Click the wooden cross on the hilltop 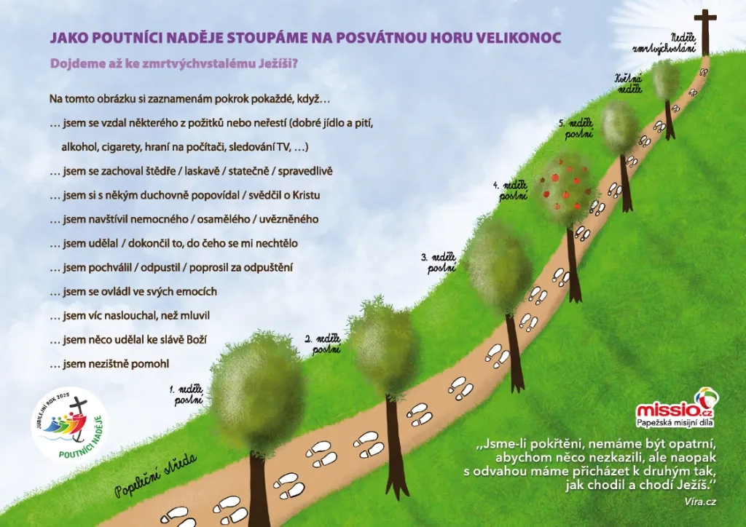(705, 31)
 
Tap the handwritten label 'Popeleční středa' (156, 475)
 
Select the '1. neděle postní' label (187, 395)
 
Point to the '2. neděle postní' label (323, 344)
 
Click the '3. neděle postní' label (439, 263)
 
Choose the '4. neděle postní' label (511, 190)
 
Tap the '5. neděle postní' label (577, 128)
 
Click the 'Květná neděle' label (629, 84)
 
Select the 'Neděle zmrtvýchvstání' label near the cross (664, 43)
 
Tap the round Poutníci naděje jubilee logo (69, 425)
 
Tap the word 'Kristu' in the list (306, 195)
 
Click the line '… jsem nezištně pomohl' (109, 364)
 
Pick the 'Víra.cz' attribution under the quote (700, 502)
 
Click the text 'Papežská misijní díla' (675, 422)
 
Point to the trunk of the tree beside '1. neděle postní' (259, 489)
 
